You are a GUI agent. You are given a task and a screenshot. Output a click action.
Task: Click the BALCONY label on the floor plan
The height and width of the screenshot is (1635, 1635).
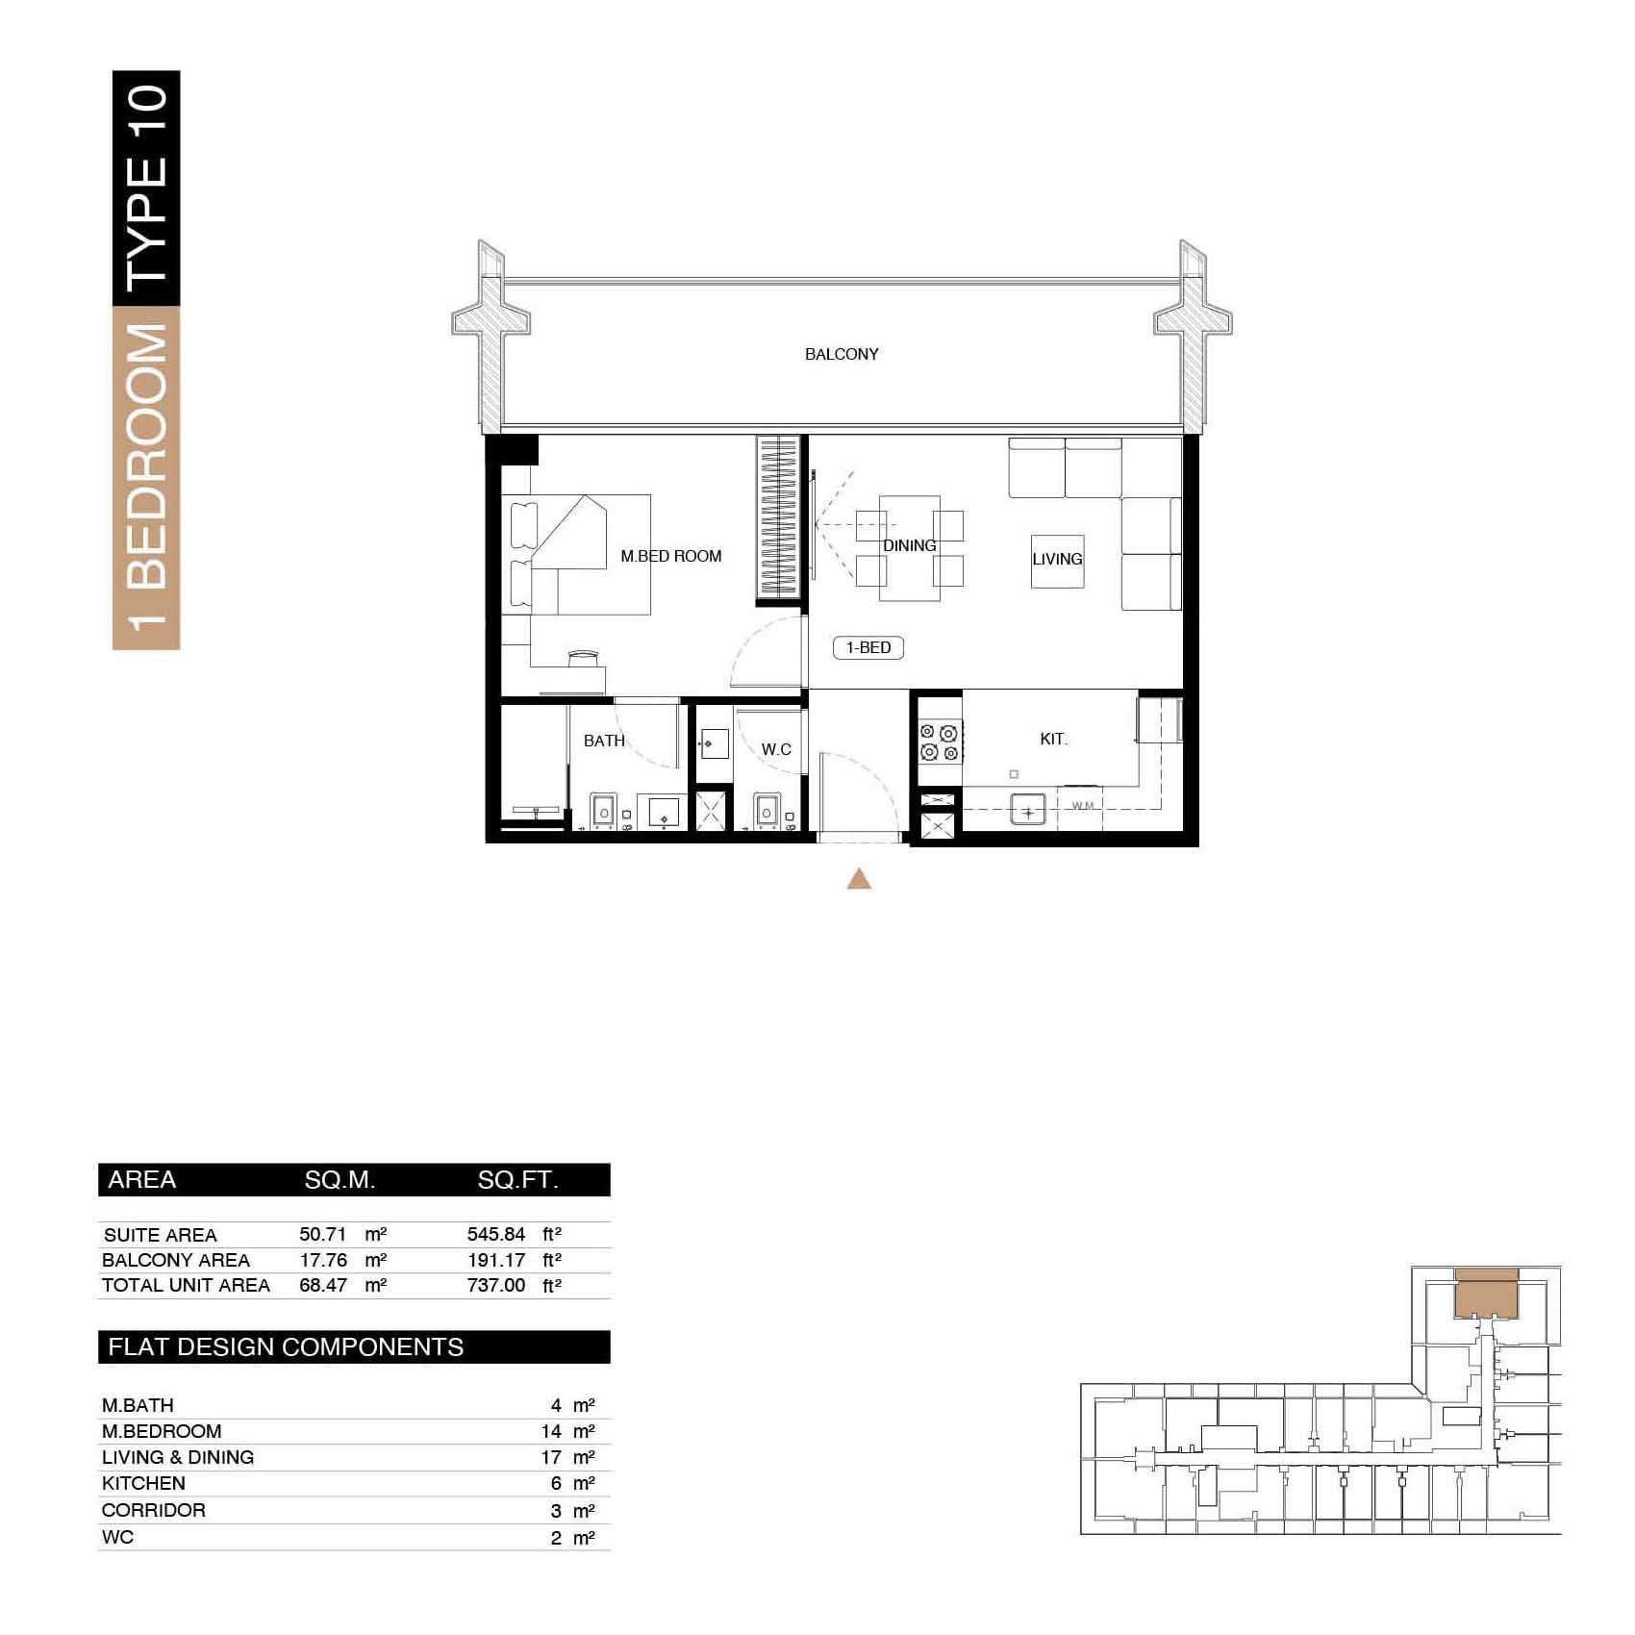pos(842,354)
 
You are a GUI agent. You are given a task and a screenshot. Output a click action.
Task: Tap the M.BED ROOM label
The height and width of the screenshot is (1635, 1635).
pos(670,556)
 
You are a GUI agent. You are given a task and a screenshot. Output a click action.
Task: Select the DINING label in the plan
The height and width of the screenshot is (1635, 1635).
pos(909,545)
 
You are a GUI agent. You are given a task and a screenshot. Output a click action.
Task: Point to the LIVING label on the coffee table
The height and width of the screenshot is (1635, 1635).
pos(1057,559)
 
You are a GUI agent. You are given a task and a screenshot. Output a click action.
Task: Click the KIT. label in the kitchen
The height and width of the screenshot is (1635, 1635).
pos(1053,739)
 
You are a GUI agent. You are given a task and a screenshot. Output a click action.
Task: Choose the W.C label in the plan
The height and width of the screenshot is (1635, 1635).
pos(776,749)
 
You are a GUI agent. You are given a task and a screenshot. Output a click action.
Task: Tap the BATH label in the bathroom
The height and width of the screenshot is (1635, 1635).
pos(604,741)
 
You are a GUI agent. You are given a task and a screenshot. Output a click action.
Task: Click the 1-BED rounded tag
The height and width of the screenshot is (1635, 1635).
pos(868,647)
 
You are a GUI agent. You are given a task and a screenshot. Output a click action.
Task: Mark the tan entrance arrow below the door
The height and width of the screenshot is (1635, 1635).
pos(859,879)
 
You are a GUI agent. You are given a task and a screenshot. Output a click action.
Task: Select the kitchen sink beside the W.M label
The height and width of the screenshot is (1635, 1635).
pos(1028,811)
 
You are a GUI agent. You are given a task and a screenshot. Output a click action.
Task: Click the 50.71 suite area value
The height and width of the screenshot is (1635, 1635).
pos(322,1235)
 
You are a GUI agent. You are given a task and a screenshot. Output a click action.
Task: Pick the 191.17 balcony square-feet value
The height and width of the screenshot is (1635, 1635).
pos(496,1260)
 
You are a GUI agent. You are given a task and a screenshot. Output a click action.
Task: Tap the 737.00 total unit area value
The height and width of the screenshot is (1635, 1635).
pos(496,1285)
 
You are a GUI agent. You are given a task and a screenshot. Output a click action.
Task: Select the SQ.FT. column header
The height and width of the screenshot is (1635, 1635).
pos(517,1180)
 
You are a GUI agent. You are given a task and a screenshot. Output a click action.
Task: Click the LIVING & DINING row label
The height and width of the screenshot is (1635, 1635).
pos(178,1457)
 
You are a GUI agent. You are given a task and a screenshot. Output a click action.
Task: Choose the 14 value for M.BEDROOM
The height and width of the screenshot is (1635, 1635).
pos(551,1431)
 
